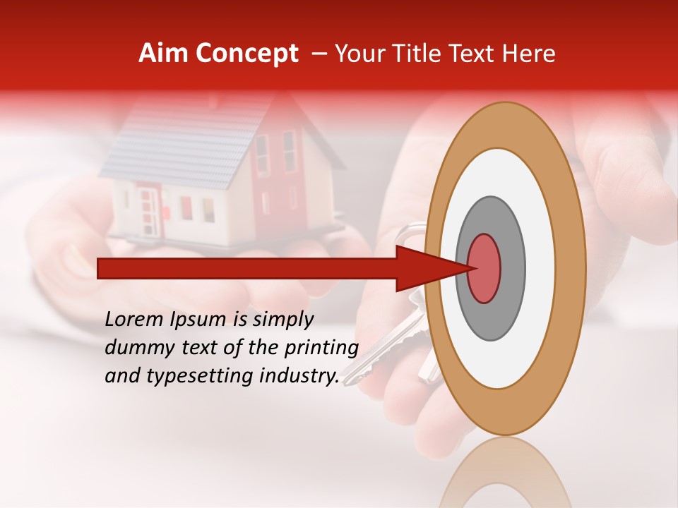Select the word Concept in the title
[x=246, y=54]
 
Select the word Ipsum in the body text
[x=198, y=320]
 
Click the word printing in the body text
[x=321, y=349]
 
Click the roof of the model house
[x=184, y=141]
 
